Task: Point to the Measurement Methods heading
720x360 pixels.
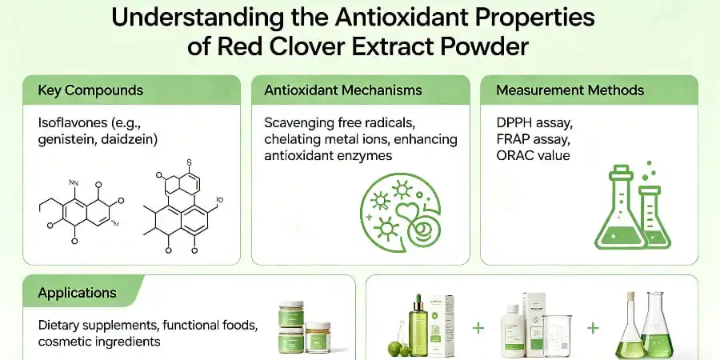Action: [x=570, y=90]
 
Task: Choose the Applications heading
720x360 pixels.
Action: [x=77, y=293]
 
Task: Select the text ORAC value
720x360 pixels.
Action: [x=533, y=155]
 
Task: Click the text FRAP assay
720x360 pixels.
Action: [x=530, y=139]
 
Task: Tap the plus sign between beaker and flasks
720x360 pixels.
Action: [x=593, y=329]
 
